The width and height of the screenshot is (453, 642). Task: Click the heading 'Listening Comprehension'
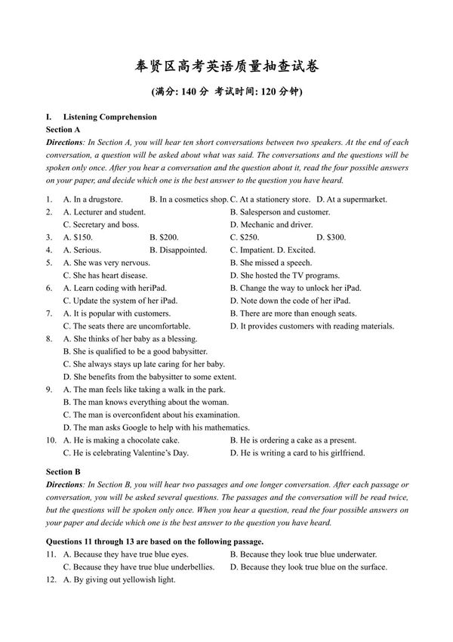[x=110, y=117]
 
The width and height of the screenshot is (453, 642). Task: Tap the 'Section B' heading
[x=63, y=472]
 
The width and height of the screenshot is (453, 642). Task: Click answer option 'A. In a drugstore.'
[x=93, y=199]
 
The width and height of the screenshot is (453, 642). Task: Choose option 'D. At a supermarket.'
[x=351, y=199]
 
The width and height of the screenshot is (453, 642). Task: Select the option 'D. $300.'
[x=331, y=237]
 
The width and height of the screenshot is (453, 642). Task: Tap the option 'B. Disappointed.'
[x=178, y=250]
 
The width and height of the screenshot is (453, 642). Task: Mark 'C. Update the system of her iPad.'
[x=120, y=301]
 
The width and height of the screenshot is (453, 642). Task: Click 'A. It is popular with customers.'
[x=117, y=313]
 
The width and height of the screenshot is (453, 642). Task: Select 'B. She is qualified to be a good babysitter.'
[x=135, y=352]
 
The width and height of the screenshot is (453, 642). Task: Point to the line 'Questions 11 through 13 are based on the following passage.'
[x=155, y=542]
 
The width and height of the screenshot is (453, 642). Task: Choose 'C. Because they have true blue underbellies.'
[x=137, y=567]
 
